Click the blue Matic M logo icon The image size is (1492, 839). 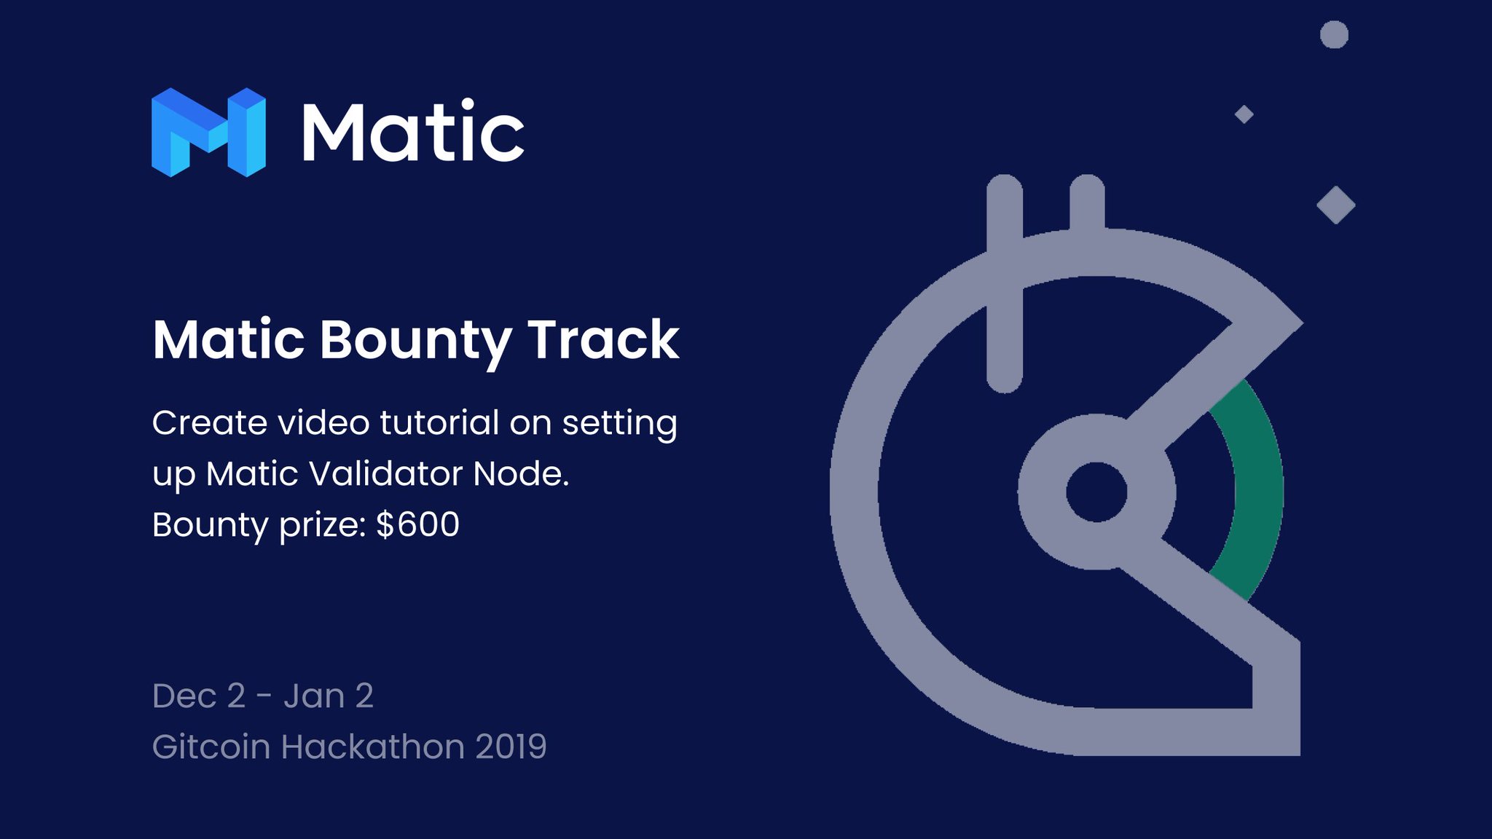[208, 133]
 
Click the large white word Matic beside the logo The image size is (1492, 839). [412, 133]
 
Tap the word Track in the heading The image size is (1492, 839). [603, 339]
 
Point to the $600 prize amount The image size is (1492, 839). [417, 524]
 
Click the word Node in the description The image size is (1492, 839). [520, 474]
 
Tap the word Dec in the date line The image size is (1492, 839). [184, 696]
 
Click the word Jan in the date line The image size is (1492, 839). [314, 696]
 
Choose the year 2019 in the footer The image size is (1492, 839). [511, 747]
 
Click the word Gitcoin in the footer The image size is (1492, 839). [211, 747]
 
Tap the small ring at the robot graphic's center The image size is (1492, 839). [1096, 492]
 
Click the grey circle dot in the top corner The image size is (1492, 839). [1334, 34]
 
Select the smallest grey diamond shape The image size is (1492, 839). [1244, 114]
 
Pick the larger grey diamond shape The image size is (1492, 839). [1335, 205]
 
